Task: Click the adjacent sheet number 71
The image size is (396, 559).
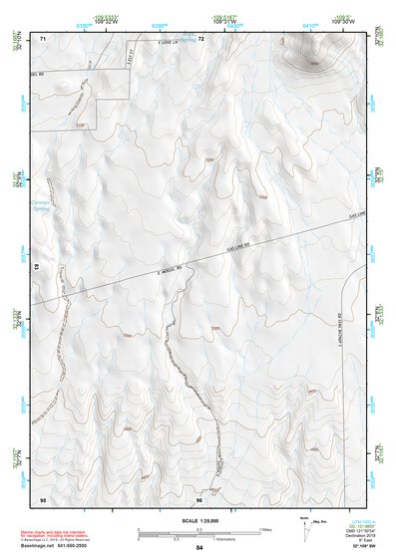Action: coord(44,38)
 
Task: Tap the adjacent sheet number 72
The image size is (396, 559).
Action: coord(200,38)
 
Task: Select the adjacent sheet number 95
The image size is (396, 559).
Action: coord(43,497)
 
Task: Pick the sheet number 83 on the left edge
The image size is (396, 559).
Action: coord(37,267)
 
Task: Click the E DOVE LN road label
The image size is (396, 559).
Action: coord(172,42)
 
